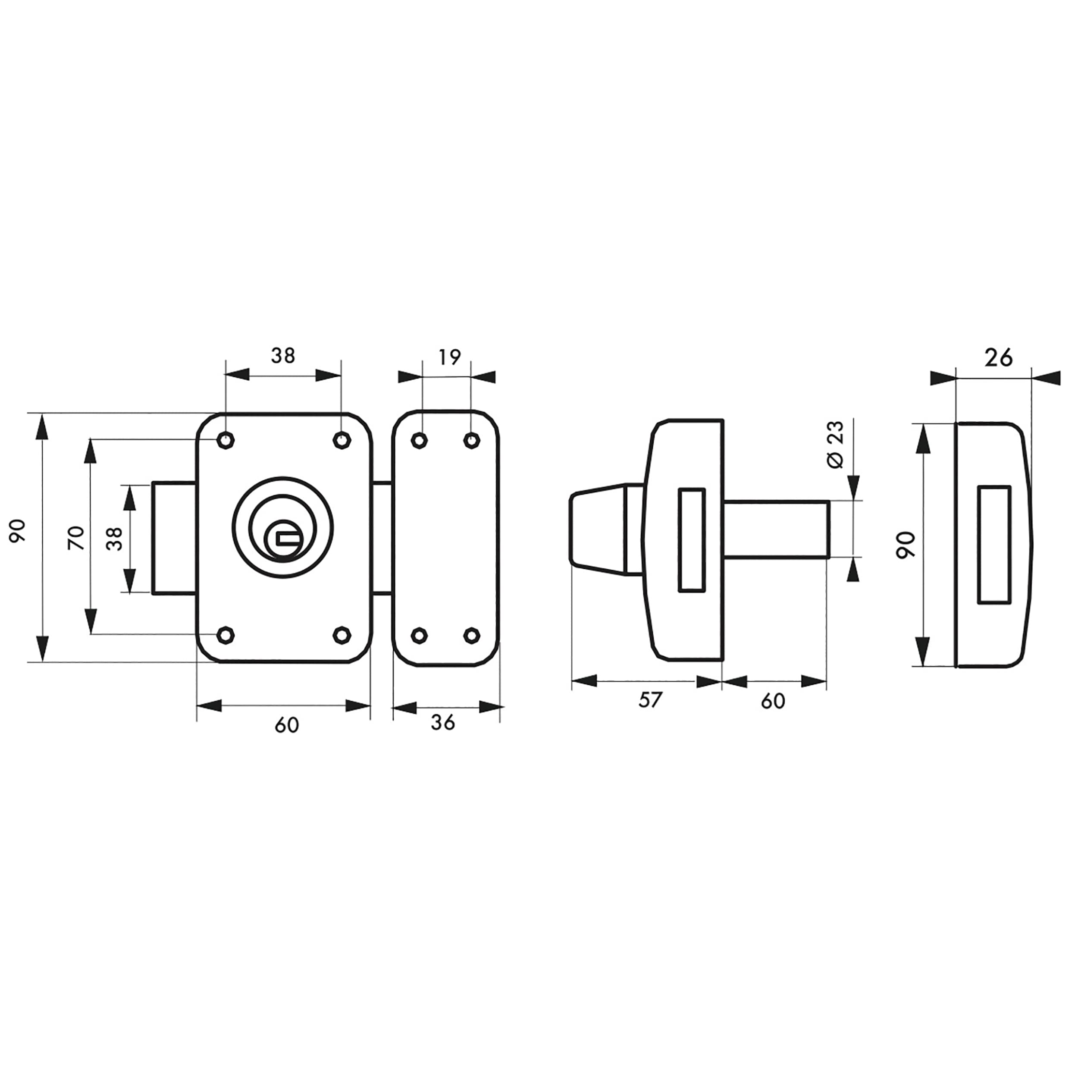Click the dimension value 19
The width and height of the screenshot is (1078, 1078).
click(449, 357)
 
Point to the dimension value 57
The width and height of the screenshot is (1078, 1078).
click(650, 700)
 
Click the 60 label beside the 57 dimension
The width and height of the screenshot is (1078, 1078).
click(773, 701)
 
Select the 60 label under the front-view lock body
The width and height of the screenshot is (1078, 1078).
click(287, 725)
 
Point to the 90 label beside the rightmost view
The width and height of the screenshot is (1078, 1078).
click(906, 545)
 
